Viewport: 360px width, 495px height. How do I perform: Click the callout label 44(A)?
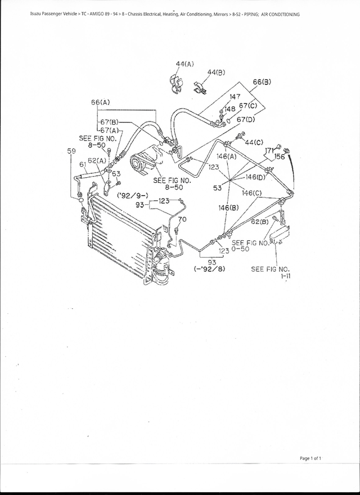tap(184, 64)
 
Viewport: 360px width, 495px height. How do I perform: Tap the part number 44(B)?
tap(216, 73)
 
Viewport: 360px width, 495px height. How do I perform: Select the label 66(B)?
tap(262, 82)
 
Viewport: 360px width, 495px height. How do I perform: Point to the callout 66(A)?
tap(100, 102)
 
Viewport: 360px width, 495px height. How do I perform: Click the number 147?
tap(234, 97)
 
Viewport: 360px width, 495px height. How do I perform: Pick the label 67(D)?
tap(246, 120)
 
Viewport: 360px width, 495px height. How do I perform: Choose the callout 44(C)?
tap(254, 142)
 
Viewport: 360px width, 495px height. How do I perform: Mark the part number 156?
tap(280, 157)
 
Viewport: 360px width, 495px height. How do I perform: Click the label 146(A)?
tap(226, 157)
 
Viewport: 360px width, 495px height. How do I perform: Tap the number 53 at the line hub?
tap(217, 188)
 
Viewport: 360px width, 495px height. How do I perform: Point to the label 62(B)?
tap(259, 222)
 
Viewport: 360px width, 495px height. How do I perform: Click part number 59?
tap(71, 151)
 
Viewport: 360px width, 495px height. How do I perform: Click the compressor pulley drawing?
tap(137, 162)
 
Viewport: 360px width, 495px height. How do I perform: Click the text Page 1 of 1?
tap(310, 459)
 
